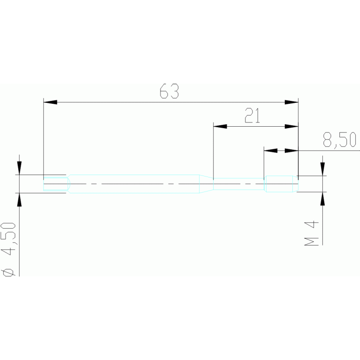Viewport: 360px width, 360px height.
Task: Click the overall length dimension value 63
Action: click(169, 91)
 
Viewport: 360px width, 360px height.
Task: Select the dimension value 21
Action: click(252, 115)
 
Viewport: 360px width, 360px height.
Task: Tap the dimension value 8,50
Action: click(339, 140)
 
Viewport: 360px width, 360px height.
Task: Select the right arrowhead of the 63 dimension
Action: click(292, 102)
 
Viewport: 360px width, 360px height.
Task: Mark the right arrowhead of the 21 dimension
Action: click(292, 126)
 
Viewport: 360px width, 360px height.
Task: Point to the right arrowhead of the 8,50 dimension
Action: click(292, 151)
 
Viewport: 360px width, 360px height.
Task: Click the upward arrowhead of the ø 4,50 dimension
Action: click(19, 199)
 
